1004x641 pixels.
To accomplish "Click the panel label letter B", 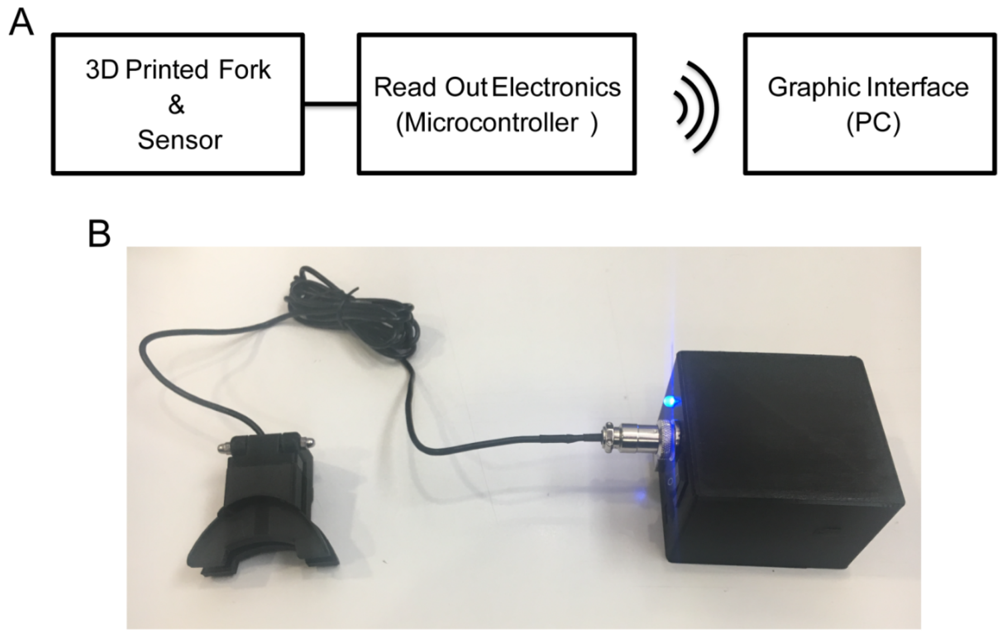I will pyautogui.click(x=99, y=234).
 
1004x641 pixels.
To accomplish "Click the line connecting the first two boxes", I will pyautogui.click(x=331, y=104).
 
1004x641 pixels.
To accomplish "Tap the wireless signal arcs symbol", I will pyautogui.click(x=696, y=107).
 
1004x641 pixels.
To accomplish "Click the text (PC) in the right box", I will pyautogui.click(x=873, y=123).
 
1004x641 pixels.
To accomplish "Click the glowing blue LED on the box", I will pyautogui.click(x=671, y=401).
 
